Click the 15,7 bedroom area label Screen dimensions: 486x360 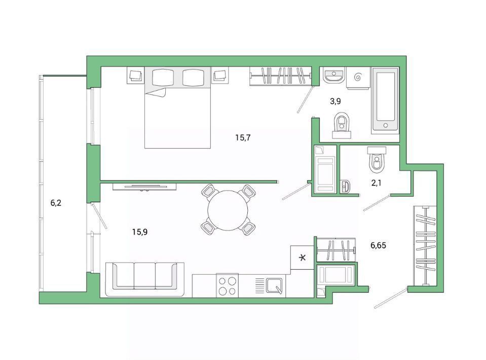tap(243, 138)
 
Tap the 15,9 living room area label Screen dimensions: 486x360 tap(140, 232)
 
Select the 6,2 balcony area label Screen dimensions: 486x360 tap(56, 203)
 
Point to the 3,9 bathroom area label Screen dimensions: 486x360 tap(335, 101)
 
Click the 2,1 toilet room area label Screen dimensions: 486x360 tap(376, 183)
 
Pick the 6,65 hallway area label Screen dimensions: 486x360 tap(378, 245)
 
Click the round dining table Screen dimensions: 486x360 tap(228, 210)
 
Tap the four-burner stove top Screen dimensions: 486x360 tap(227, 285)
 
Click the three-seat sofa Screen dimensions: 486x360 tap(145, 279)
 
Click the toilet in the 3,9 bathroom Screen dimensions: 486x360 tap(342, 125)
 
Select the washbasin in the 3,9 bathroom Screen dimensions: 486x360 tap(333, 76)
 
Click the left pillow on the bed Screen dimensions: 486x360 tap(163, 77)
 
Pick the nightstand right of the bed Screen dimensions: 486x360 tap(220, 75)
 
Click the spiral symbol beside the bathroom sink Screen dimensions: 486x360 tap(358, 76)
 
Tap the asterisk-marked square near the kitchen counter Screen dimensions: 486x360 tap(302, 257)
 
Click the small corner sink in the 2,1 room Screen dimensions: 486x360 tap(345, 187)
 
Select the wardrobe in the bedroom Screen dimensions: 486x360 tap(281, 76)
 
